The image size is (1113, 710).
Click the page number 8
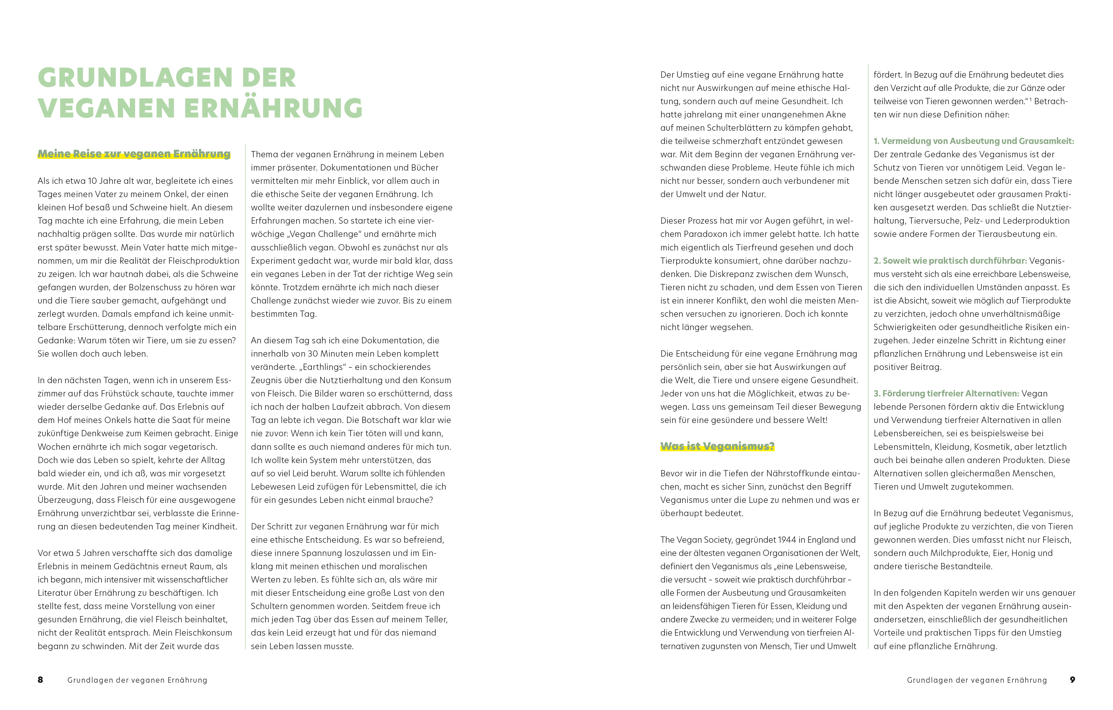click(40, 679)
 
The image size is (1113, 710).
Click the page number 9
click(1072, 679)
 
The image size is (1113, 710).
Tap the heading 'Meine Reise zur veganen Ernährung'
click(134, 154)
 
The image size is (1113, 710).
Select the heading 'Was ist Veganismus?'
click(717, 446)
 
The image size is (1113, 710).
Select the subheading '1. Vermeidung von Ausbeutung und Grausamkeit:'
click(973, 141)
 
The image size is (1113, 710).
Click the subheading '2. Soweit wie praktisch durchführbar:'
click(950, 260)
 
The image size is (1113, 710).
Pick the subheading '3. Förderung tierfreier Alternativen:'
click(946, 394)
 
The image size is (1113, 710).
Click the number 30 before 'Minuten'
click(313, 354)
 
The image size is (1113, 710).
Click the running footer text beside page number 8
click(137, 680)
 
